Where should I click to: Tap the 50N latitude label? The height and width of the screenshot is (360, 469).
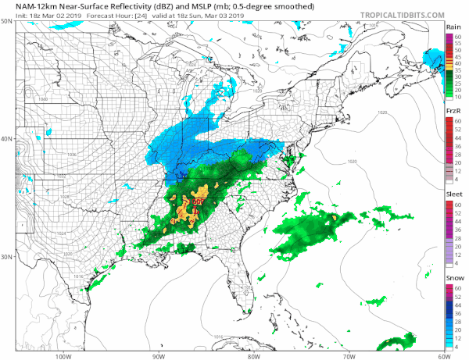point(7,22)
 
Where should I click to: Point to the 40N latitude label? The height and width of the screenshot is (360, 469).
point(7,139)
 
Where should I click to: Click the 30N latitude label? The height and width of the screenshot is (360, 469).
point(7,257)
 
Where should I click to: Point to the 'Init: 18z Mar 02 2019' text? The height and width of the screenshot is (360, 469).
point(35,15)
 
